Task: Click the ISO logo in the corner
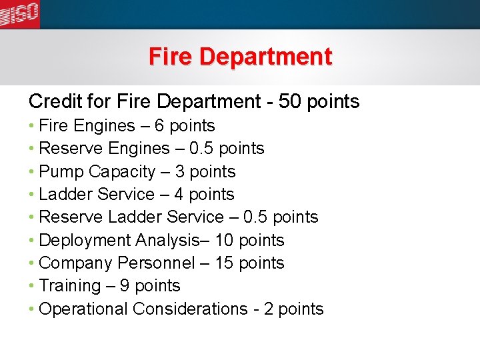tap(19, 14)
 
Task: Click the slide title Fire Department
tap(240, 57)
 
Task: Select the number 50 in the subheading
tap(289, 101)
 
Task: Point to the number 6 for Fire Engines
tap(159, 126)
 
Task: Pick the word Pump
tap(61, 172)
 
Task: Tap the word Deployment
tap(85, 241)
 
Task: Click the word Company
tap(76, 263)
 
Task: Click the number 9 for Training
tap(120, 286)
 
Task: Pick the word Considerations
tap(190, 309)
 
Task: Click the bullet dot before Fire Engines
tap(32, 126)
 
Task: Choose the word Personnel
tap(156, 263)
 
